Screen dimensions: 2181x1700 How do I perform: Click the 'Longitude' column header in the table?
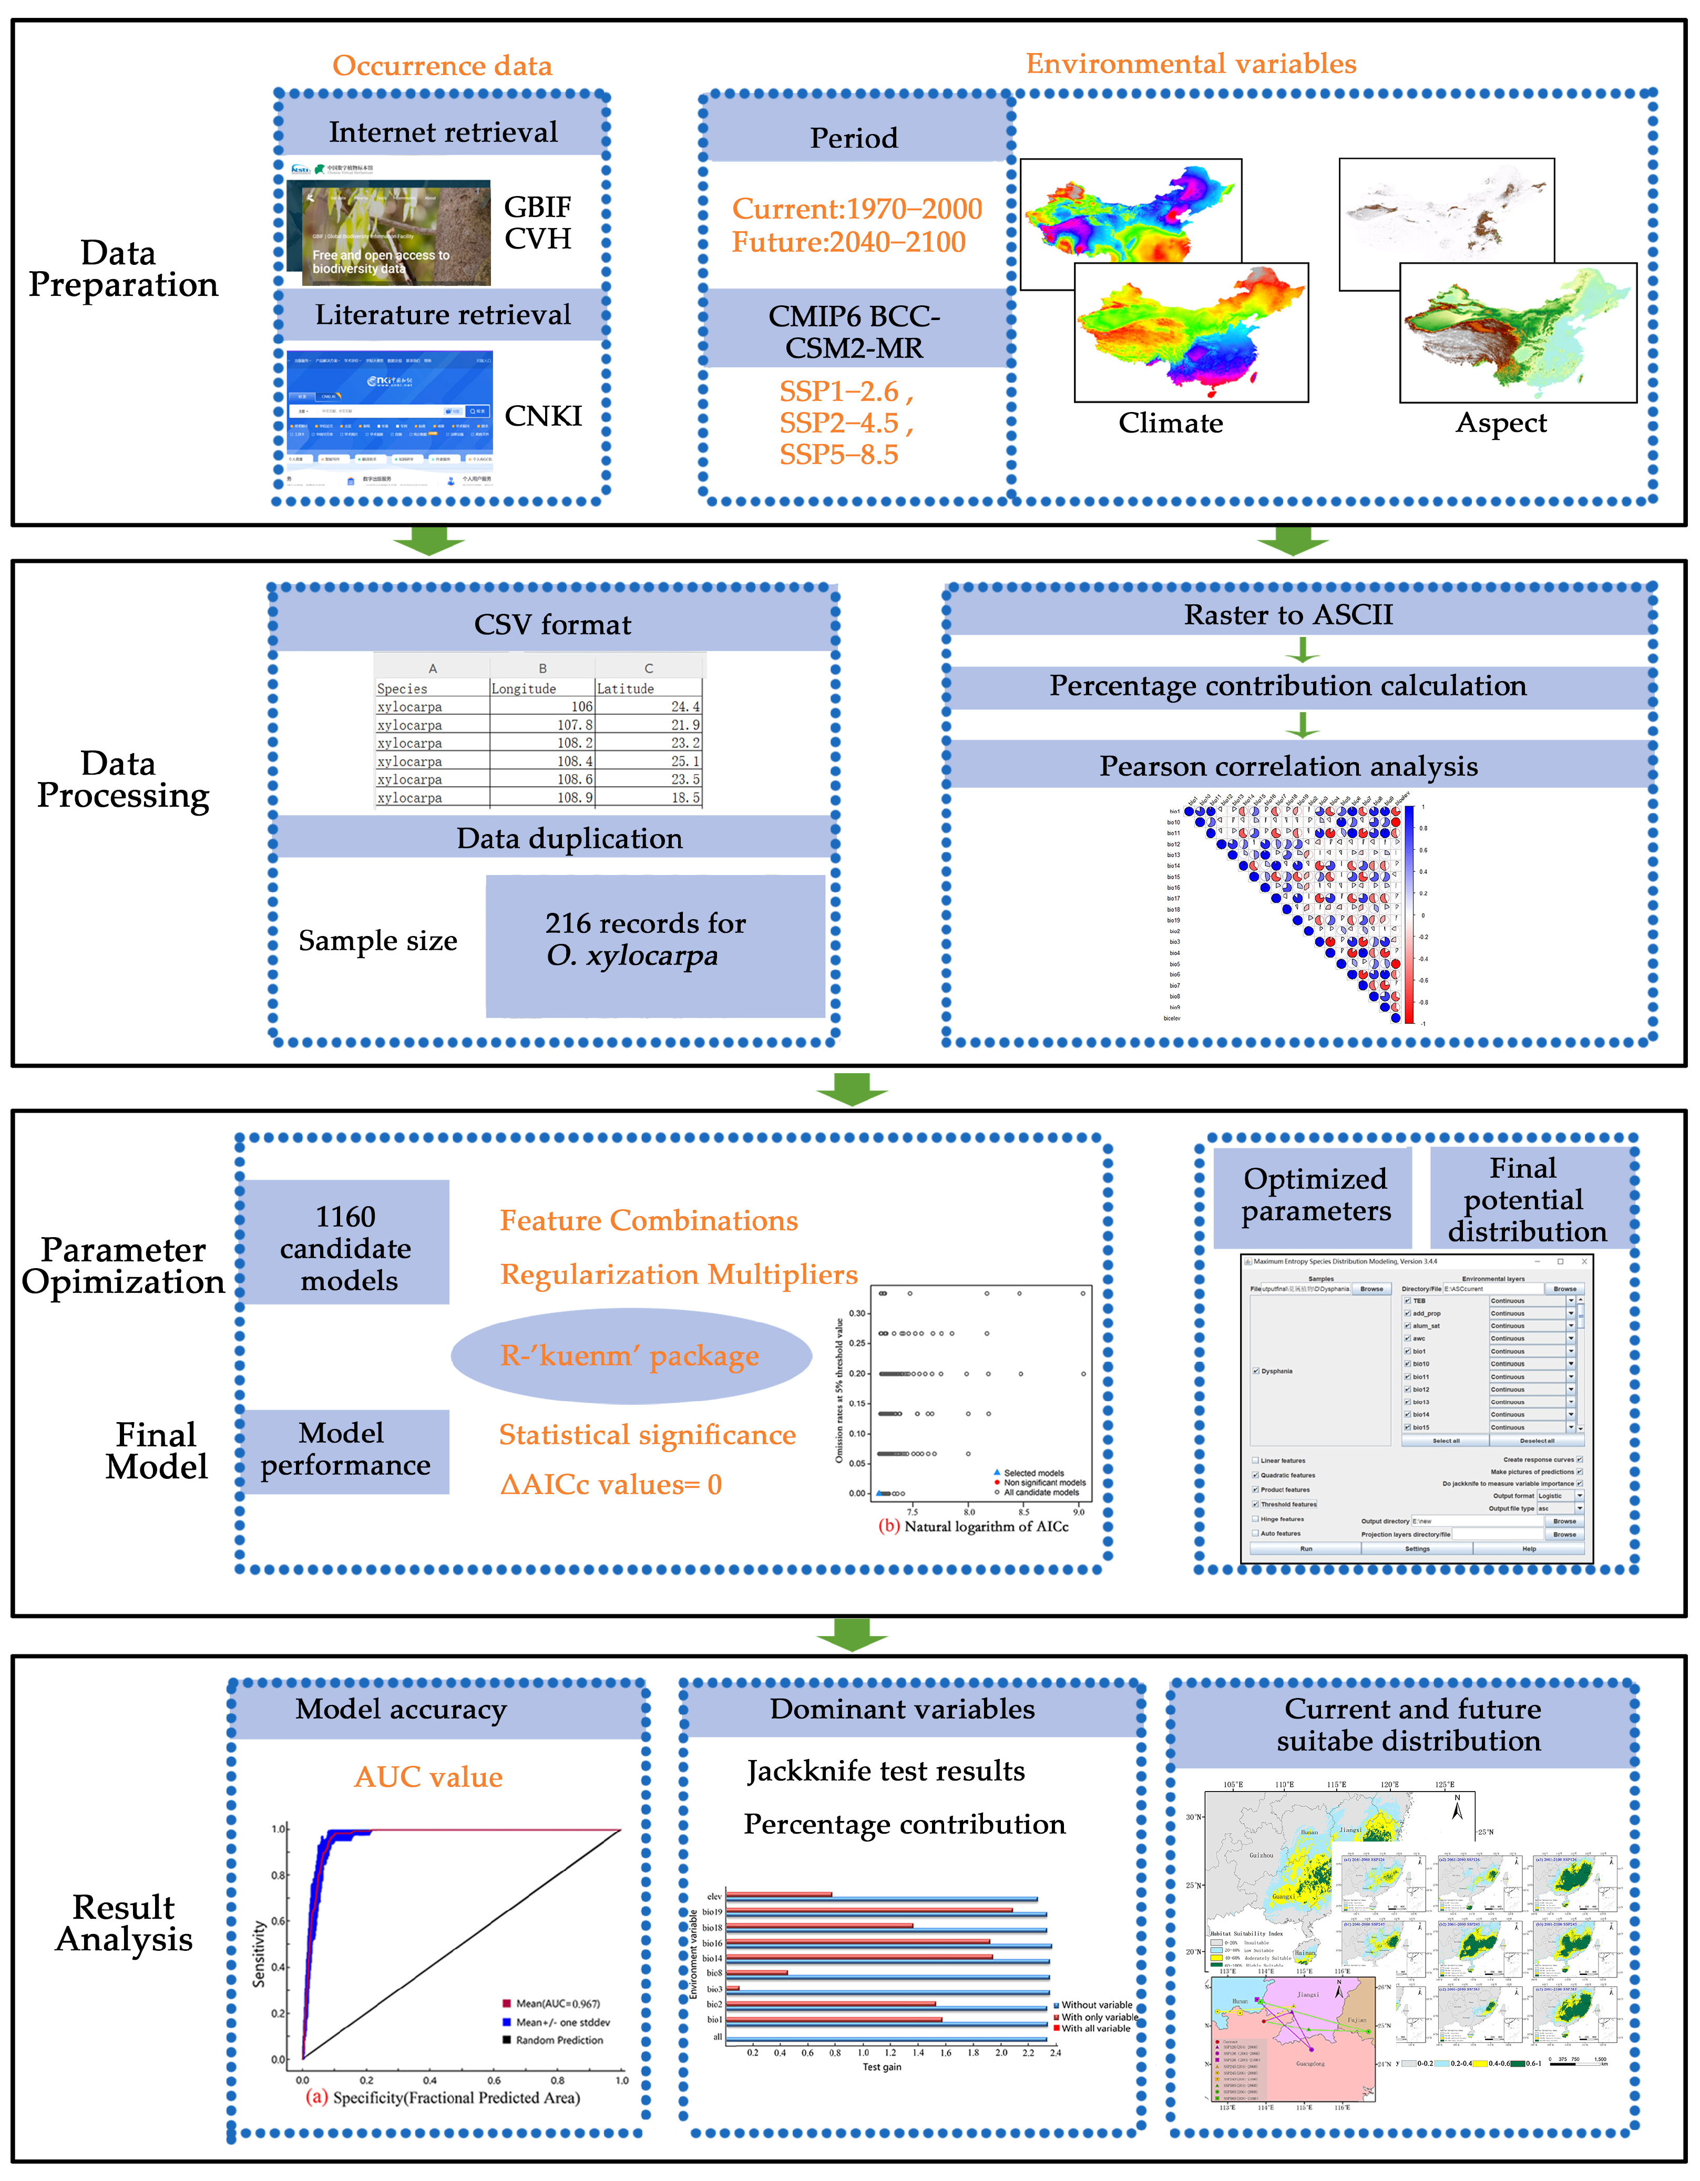pos(524,688)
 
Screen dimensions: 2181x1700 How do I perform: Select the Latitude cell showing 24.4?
pos(685,706)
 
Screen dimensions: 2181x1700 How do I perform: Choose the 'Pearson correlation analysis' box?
pos(1288,766)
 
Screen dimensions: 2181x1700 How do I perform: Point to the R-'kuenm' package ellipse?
pos(630,1355)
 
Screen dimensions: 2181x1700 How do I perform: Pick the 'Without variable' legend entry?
pos(1095,2004)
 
